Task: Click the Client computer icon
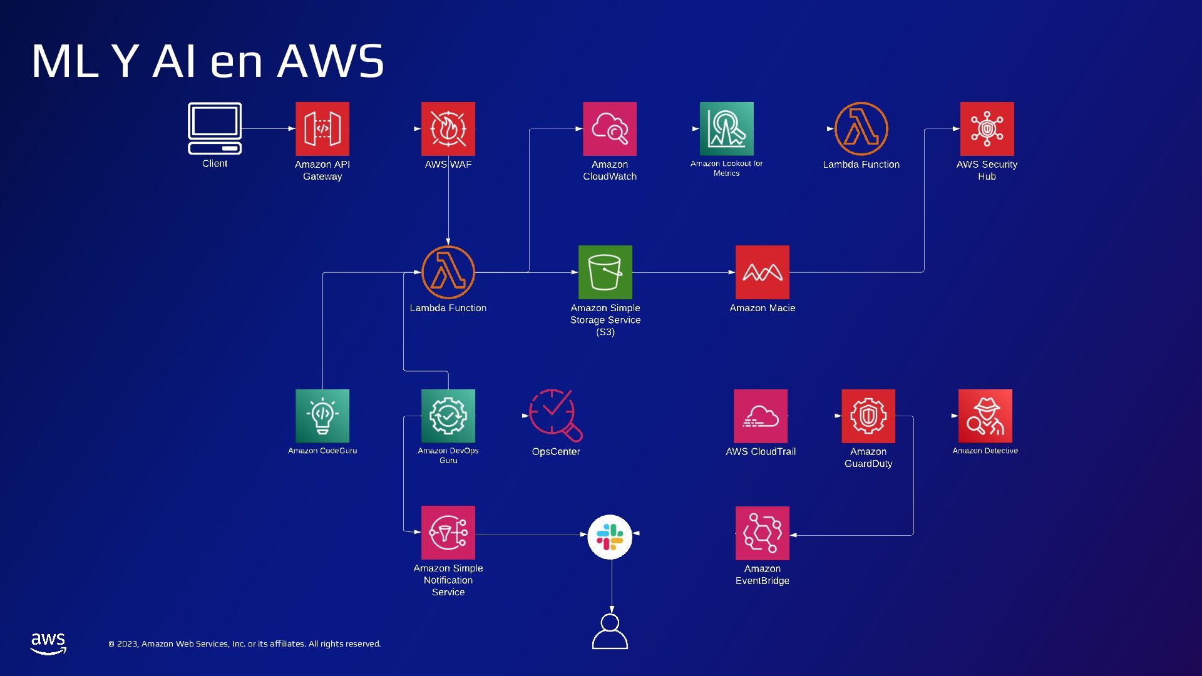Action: coord(215,128)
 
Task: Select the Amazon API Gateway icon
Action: coord(322,129)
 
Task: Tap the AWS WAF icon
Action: coord(448,129)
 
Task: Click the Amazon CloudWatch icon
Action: coord(610,129)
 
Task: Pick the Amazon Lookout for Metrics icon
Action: coord(726,129)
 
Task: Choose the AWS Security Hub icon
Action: coord(987,129)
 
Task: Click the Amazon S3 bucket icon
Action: coord(605,272)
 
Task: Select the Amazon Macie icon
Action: coord(763,272)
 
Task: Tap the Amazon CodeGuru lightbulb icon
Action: coord(322,416)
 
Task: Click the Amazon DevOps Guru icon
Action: coord(448,416)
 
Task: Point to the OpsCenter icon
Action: coord(555,415)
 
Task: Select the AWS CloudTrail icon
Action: coord(761,416)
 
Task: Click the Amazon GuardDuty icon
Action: coord(868,416)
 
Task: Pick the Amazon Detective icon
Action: coord(985,416)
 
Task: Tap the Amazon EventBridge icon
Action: coord(763,533)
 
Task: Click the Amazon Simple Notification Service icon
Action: coord(448,533)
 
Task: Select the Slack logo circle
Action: coord(610,537)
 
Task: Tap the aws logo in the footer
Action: coord(48,643)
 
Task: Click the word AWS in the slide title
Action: coord(331,61)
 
